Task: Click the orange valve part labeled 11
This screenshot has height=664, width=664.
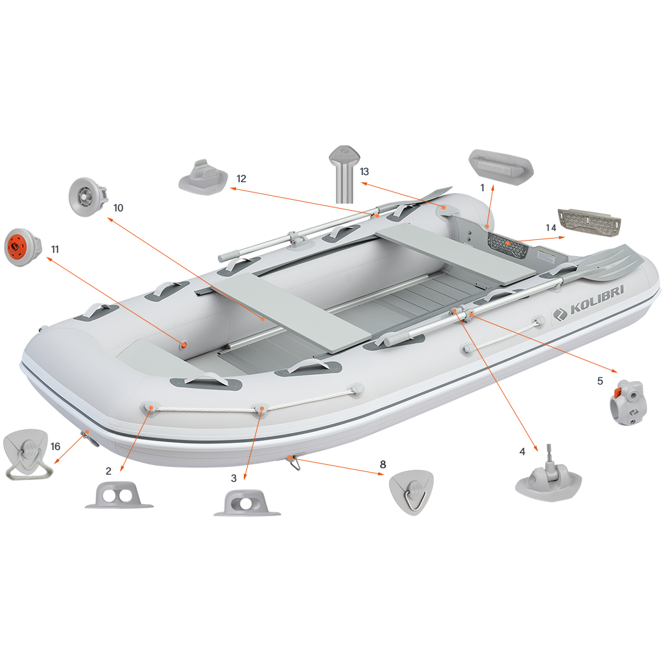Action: click(x=23, y=247)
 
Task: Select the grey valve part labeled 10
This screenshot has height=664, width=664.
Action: click(x=88, y=197)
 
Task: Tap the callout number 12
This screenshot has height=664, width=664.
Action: click(x=241, y=179)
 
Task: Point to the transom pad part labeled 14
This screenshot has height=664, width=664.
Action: click(x=589, y=222)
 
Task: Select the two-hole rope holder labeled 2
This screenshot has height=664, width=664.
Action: click(x=119, y=495)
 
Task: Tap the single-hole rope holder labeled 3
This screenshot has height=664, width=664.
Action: click(x=247, y=503)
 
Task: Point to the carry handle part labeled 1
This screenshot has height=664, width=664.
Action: click(x=501, y=164)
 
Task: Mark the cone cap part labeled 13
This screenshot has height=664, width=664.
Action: click(x=345, y=174)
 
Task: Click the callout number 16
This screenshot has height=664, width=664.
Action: click(x=56, y=446)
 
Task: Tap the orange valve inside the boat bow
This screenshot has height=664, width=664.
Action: click(x=184, y=345)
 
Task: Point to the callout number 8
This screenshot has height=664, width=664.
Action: click(x=383, y=464)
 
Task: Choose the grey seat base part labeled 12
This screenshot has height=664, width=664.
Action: click(x=203, y=178)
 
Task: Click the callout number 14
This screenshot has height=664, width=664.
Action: click(x=551, y=228)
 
